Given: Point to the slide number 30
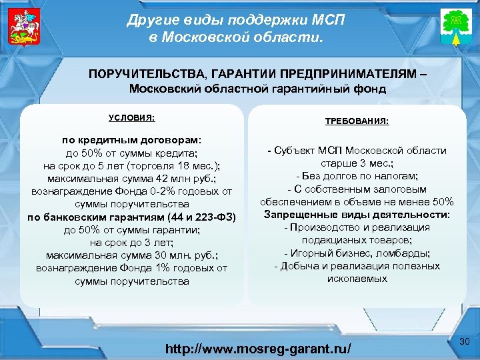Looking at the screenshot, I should point(465,342).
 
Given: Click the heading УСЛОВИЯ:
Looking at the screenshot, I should point(131,117).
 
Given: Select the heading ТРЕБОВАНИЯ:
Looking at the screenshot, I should point(357,121).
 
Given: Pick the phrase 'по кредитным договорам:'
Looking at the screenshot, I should point(131,141).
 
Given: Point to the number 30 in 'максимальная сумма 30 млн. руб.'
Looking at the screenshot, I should point(141,255).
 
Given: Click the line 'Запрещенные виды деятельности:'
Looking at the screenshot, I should point(357,215).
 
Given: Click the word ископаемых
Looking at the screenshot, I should point(357,278).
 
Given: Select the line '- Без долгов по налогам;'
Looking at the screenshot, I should point(357,176).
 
